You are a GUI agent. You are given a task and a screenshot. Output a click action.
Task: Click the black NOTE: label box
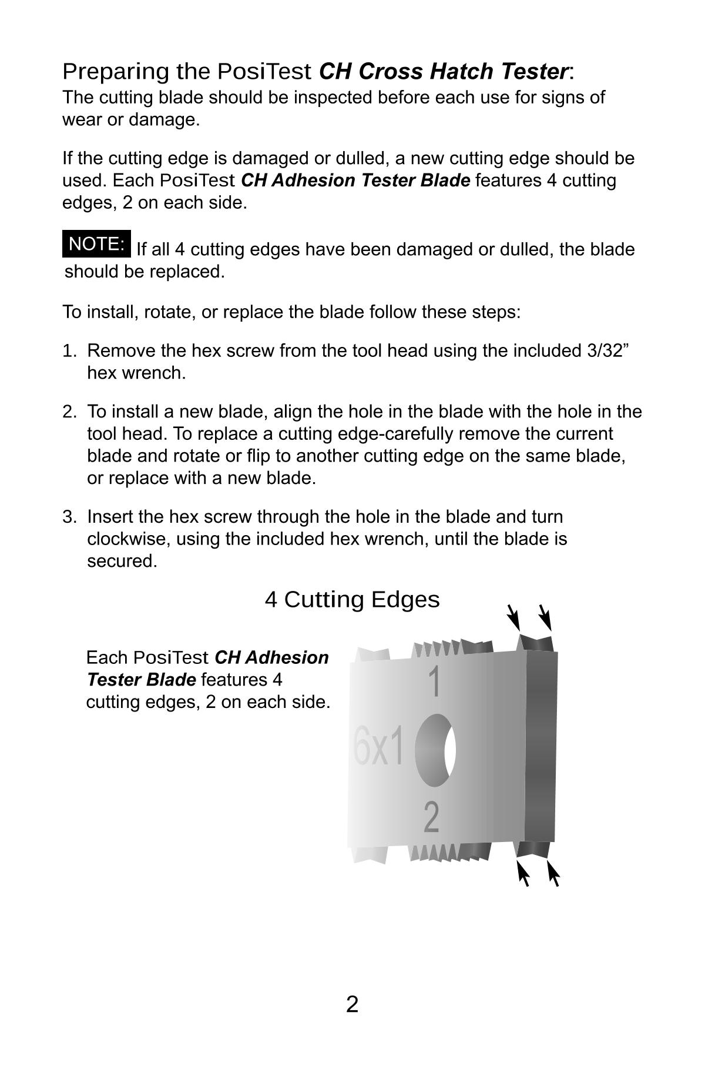point(96,244)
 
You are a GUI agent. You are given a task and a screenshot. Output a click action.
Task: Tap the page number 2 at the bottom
point(352,1004)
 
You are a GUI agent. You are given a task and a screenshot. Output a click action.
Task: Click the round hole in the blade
point(436,750)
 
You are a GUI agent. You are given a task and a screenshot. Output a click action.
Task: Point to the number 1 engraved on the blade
point(434,682)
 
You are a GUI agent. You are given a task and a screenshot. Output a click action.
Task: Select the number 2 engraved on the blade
point(431,817)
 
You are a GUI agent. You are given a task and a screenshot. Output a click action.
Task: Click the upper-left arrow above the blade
point(513,617)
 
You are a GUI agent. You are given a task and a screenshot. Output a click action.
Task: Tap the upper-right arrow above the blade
point(545,617)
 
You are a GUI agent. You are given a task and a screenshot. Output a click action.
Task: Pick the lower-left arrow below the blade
point(522,873)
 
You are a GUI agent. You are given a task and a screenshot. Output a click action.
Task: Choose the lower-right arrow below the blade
point(553,873)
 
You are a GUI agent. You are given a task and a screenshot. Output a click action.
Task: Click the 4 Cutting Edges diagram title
point(352,600)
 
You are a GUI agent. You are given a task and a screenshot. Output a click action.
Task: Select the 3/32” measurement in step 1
point(607,350)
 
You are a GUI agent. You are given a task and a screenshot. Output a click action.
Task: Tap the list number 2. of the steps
point(69,412)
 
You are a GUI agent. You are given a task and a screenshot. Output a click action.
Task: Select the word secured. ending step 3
point(122,561)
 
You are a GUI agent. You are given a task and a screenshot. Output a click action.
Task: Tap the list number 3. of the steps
point(69,517)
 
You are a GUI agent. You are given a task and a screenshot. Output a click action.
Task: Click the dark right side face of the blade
point(540,747)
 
